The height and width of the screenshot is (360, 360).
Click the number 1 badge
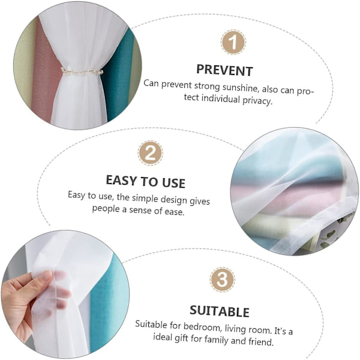click(233, 42)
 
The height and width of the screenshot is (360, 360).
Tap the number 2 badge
click(151, 153)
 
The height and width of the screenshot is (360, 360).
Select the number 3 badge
click(222, 280)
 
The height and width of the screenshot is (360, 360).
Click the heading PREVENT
click(224, 70)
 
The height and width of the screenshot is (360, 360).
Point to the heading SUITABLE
click(220, 311)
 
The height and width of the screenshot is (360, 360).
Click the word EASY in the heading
click(121, 180)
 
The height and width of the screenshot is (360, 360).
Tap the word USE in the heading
click(173, 183)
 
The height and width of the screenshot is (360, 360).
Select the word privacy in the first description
click(257, 101)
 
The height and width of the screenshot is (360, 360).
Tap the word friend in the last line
click(261, 341)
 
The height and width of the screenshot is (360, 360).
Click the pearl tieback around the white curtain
click(82, 71)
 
